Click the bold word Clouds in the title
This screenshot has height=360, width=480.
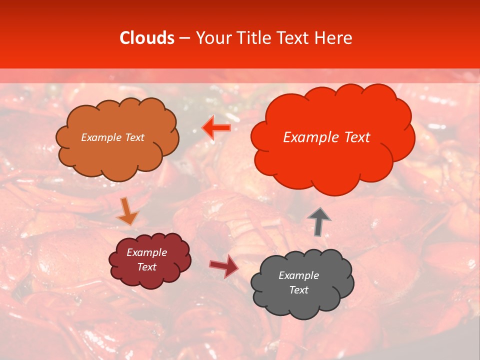tap(147, 38)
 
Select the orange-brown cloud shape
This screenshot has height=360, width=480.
tap(117, 150)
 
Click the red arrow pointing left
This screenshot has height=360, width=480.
tap(216, 128)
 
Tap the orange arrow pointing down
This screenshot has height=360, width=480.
tap(127, 211)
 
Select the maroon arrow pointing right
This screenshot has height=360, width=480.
tap(223, 265)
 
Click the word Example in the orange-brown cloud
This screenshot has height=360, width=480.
tap(99, 137)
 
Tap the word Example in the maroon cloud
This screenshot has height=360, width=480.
tap(146, 252)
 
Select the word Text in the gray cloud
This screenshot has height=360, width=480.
tap(298, 290)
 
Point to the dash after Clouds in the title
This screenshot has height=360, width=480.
tap(184, 38)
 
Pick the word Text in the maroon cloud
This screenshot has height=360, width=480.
tap(146, 267)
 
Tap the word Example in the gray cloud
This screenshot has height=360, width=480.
tap(298, 275)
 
